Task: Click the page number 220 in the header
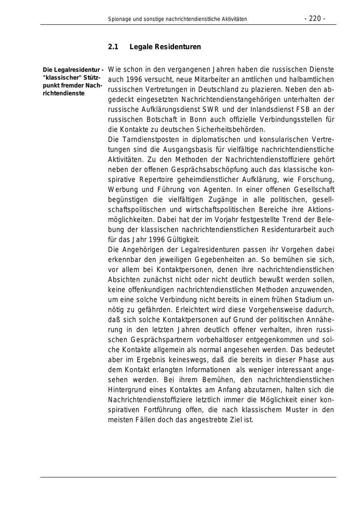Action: click(x=315, y=18)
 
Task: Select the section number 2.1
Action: click(x=113, y=47)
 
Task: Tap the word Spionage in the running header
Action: click(x=119, y=19)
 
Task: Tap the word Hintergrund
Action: click(x=126, y=389)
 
